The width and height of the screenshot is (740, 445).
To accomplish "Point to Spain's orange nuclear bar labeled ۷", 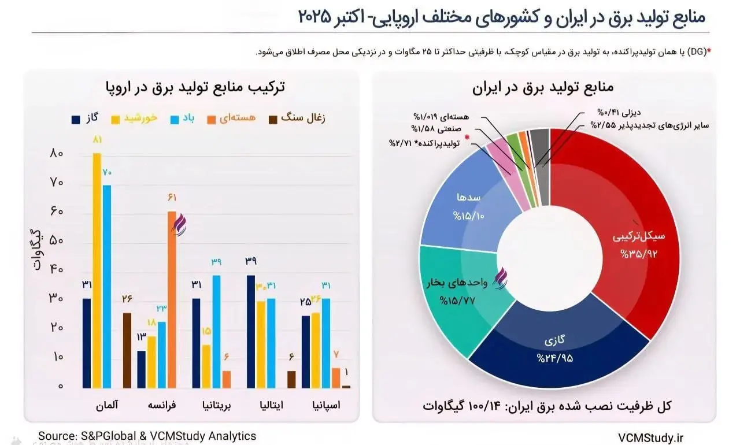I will (x=336, y=377).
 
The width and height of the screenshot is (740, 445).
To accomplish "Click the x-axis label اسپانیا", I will (x=324, y=405).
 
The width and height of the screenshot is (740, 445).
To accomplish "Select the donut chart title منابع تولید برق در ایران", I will (x=543, y=88).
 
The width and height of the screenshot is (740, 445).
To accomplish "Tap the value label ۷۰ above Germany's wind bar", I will (x=106, y=172).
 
